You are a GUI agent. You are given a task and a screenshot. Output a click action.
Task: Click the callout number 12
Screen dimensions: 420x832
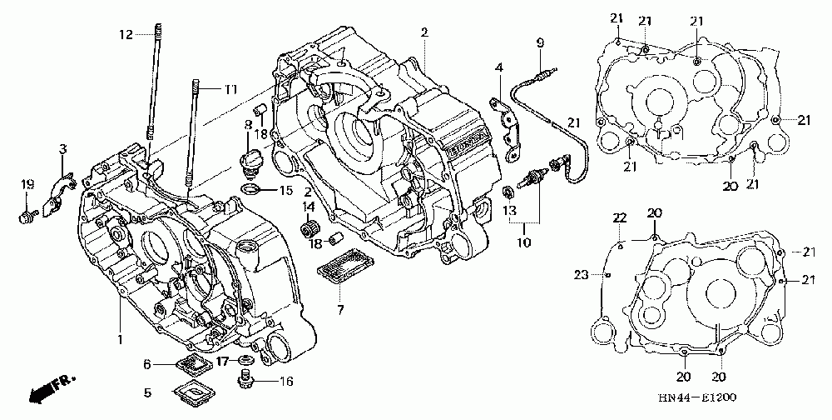(x=125, y=35)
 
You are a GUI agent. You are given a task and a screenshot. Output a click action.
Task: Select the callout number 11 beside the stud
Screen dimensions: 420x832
(x=230, y=88)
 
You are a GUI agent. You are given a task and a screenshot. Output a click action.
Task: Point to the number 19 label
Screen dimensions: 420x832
(x=27, y=185)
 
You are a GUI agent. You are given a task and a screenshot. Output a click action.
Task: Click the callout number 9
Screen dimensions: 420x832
(x=539, y=42)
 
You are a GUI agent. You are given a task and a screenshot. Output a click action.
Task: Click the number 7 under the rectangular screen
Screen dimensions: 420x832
(x=339, y=310)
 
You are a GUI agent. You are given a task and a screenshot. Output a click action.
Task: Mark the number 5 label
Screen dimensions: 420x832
(x=146, y=392)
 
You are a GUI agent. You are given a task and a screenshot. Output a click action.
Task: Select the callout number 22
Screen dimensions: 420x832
(x=619, y=218)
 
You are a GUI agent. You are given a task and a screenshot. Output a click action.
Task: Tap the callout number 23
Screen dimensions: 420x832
(x=581, y=274)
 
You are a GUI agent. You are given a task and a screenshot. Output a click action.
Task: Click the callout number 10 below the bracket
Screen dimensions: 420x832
(x=523, y=242)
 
